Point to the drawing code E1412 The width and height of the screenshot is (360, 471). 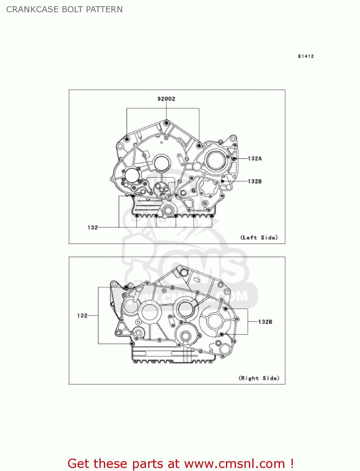(x=306, y=56)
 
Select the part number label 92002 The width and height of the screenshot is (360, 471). (x=166, y=99)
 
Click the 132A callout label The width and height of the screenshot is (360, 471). (x=255, y=159)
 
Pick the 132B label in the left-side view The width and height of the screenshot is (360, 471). (x=255, y=181)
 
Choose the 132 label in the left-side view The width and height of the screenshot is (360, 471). (x=93, y=227)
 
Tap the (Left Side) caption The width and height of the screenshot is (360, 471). (x=259, y=237)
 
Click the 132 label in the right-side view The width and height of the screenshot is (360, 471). (x=82, y=316)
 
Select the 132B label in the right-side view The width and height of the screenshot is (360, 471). (x=265, y=322)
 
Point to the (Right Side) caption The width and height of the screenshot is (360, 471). (x=259, y=378)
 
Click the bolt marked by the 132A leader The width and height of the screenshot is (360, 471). (x=234, y=159)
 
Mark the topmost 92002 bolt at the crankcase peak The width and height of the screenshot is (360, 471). (x=167, y=122)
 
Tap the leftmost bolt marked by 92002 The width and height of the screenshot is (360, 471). (x=127, y=139)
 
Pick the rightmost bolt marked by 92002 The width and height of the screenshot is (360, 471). (x=199, y=146)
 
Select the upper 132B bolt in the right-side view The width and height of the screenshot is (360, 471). (x=225, y=309)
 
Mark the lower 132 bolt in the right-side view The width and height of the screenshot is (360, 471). (x=132, y=344)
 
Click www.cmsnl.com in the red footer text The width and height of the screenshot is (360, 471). (x=234, y=463)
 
